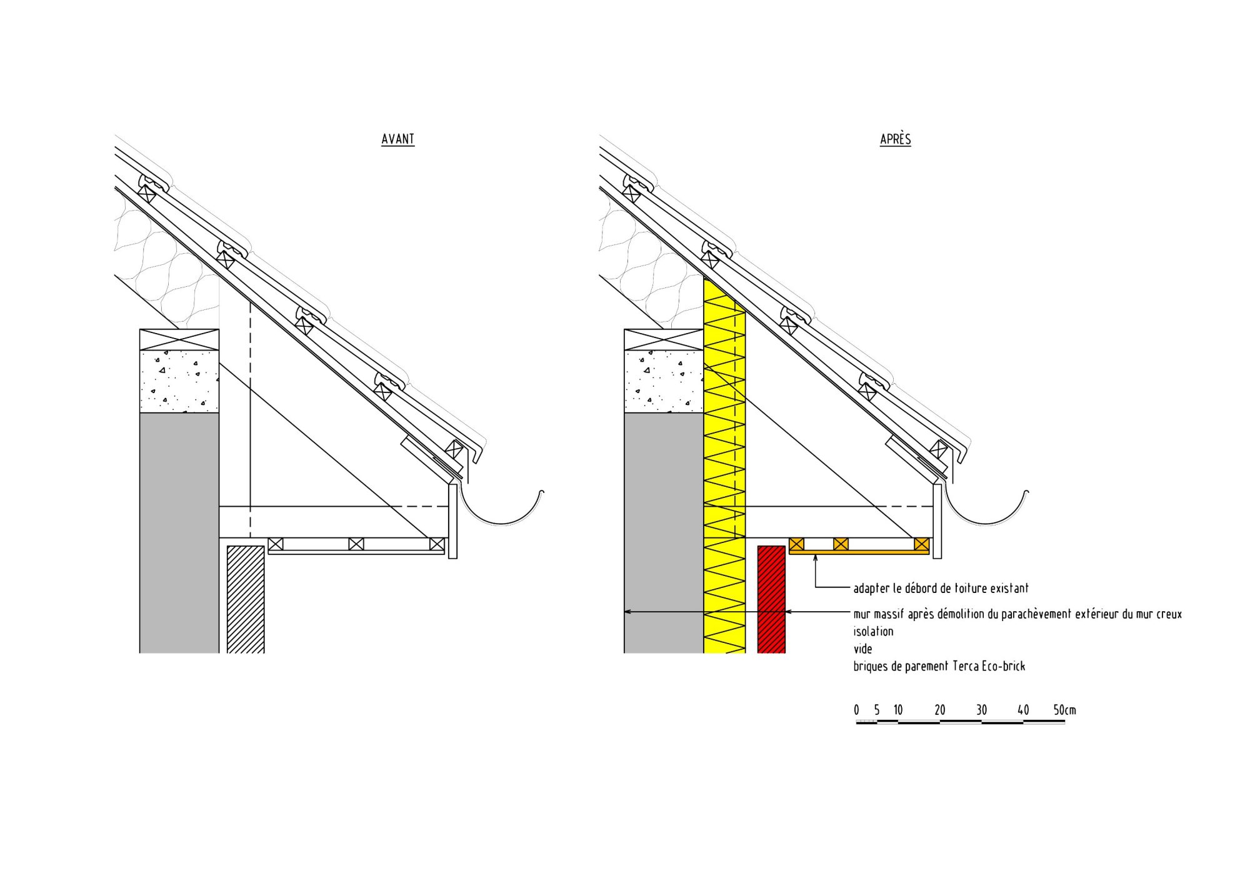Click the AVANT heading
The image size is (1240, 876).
397,139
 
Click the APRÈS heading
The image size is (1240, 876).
895,139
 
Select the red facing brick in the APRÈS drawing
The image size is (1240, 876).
771,600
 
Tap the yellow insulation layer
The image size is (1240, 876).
724,469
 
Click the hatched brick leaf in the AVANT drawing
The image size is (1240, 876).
246,600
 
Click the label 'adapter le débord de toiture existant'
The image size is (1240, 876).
941,588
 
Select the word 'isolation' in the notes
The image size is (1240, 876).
873,632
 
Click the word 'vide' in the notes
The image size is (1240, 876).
862,649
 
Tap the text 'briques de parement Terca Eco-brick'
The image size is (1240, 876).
939,667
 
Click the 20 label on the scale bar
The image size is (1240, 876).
939,710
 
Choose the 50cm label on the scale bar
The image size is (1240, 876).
1064,710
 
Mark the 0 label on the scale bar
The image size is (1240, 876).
856,710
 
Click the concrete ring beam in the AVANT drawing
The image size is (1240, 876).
179,381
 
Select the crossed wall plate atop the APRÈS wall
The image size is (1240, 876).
664,339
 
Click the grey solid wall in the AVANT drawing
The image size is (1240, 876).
179,531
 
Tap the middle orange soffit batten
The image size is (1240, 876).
841,544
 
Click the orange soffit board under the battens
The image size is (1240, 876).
859,552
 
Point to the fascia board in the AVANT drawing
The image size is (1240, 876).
453,522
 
